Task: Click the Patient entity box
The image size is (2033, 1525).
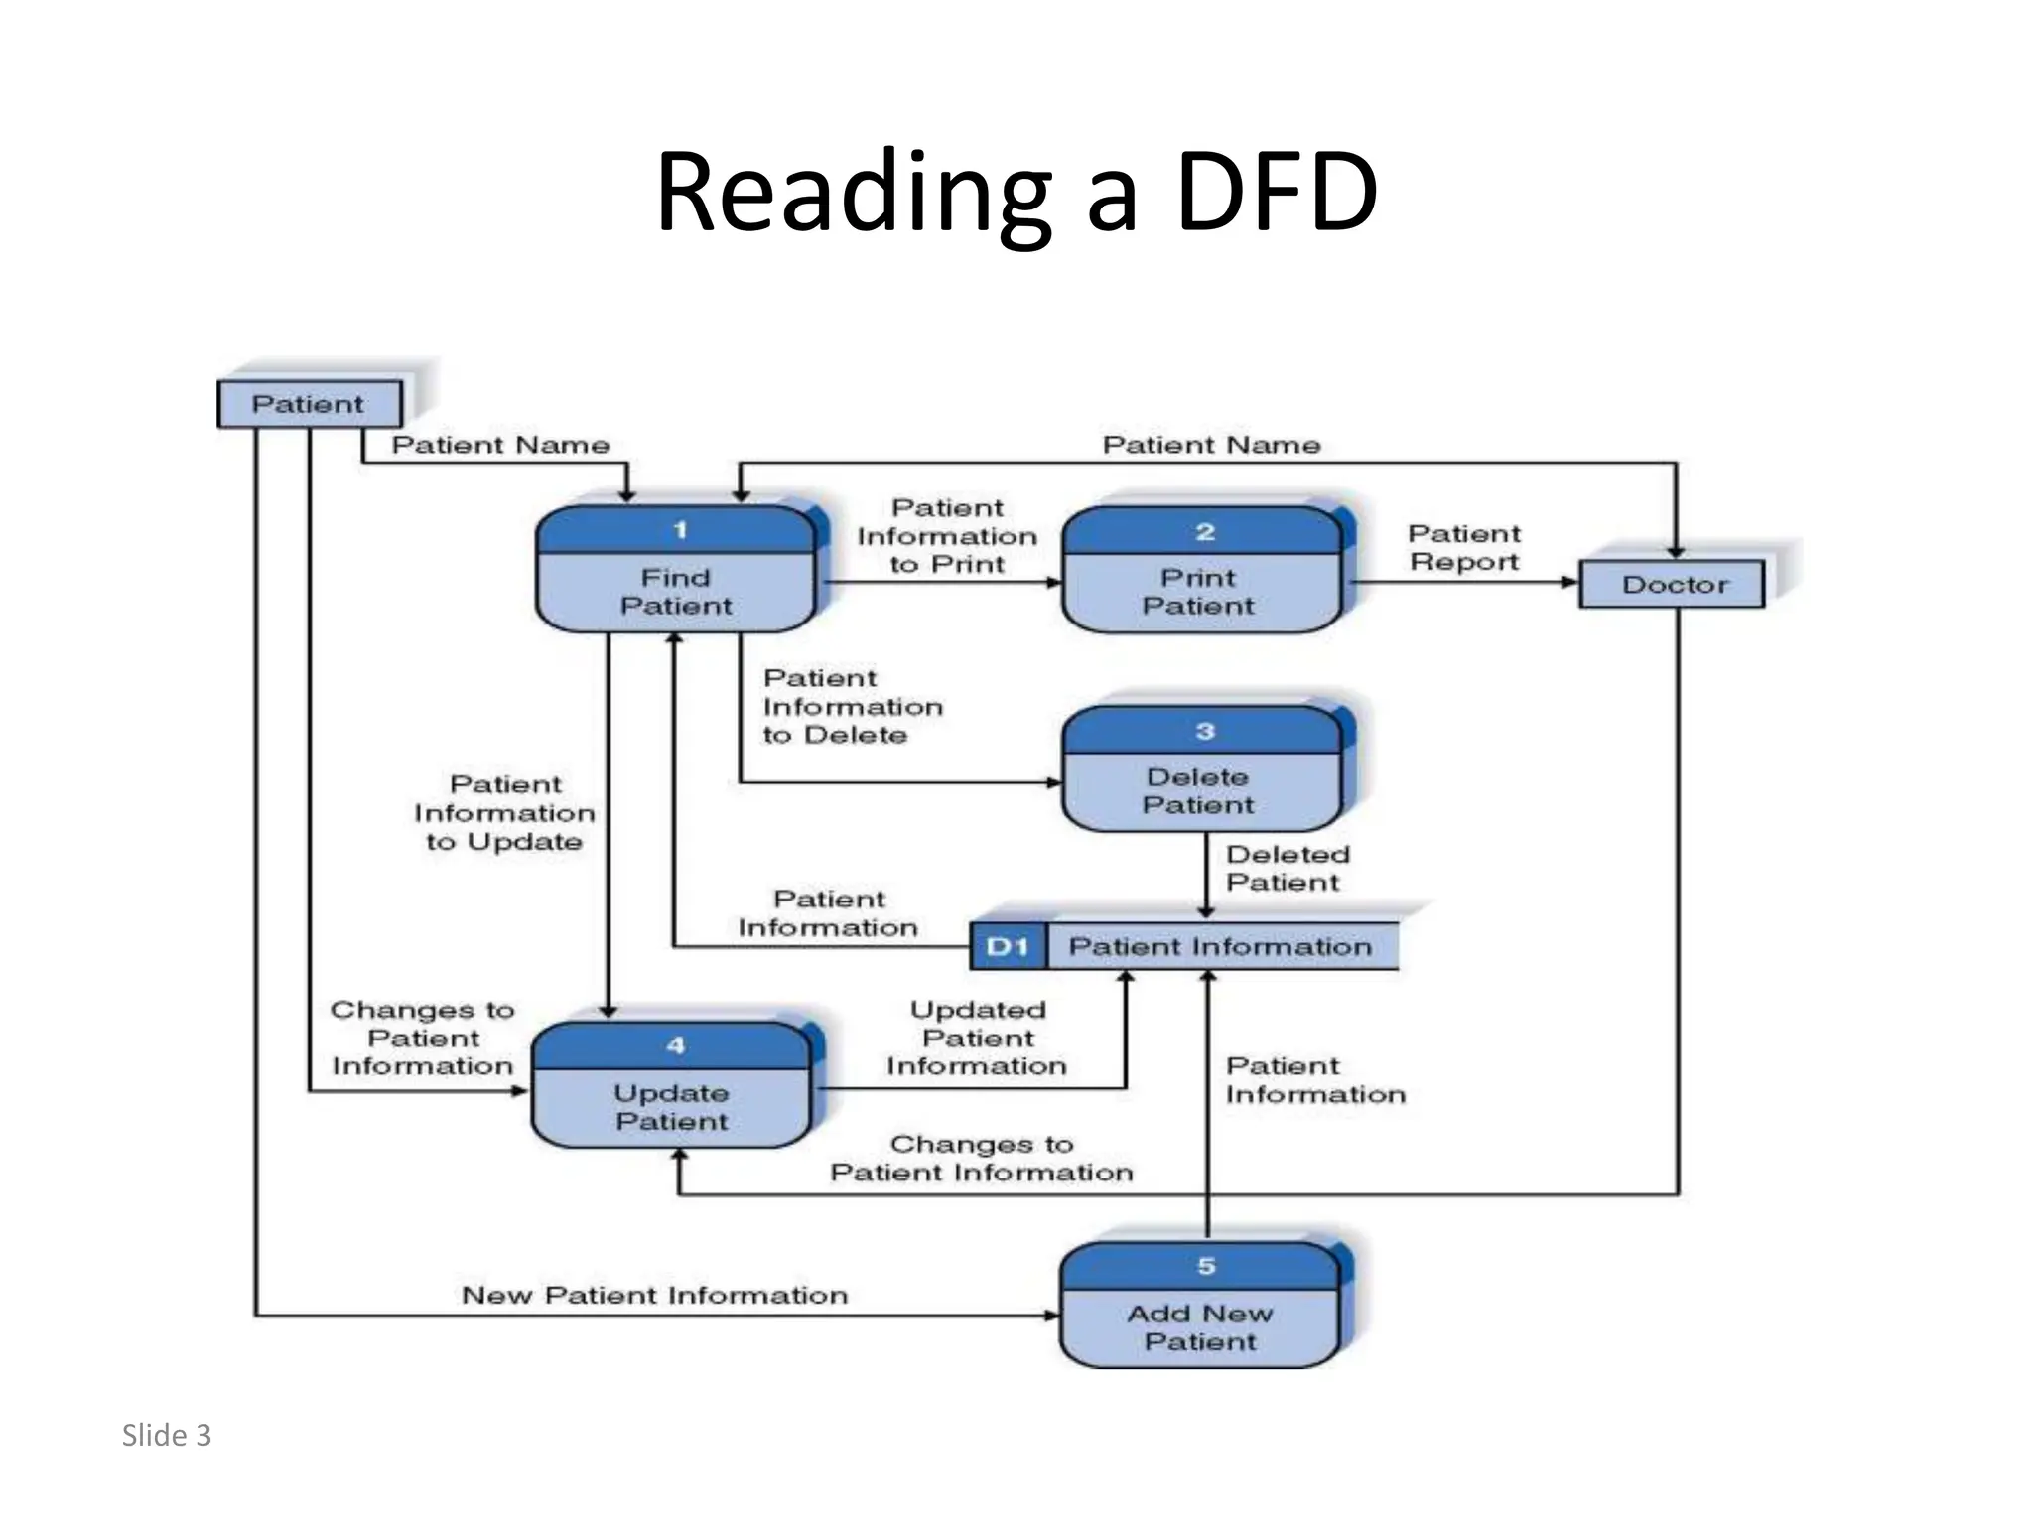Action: [x=309, y=404]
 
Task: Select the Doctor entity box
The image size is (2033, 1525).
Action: [x=1673, y=584]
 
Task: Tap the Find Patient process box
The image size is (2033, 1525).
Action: [x=675, y=571]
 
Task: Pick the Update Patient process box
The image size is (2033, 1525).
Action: [x=672, y=1086]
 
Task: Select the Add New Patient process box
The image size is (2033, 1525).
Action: [x=1199, y=1307]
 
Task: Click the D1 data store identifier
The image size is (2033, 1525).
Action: [x=1008, y=947]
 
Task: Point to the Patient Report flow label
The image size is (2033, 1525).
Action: [x=1464, y=548]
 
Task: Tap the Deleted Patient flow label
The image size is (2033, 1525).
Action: [x=1287, y=868]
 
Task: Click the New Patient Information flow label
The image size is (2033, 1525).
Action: [x=654, y=1295]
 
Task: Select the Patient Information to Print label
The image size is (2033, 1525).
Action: [x=947, y=536]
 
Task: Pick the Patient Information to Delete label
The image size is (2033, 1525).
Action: [x=852, y=706]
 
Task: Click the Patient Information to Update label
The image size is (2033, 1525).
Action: [x=504, y=812]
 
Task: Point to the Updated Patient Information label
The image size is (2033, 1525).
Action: [x=977, y=1038]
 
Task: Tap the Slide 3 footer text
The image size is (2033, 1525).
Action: [x=167, y=1436]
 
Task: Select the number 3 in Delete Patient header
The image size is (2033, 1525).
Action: [x=1205, y=731]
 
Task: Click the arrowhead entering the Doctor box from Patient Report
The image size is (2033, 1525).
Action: [x=1570, y=582]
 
